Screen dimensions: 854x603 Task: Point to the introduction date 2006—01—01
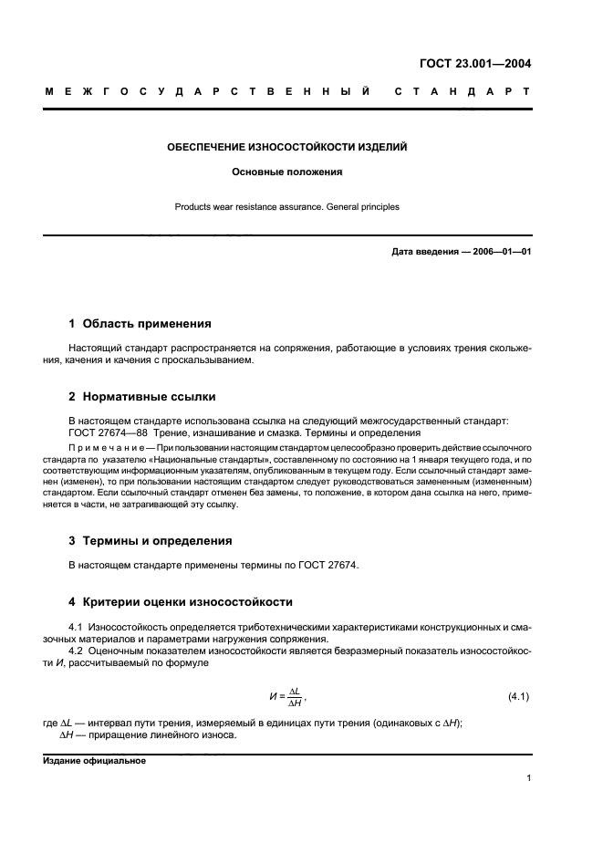coord(501,252)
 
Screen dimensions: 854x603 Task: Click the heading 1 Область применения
coord(140,324)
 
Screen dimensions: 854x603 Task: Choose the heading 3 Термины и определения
coord(151,540)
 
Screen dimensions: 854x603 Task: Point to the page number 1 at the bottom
coord(528,778)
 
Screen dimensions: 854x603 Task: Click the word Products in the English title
coord(193,207)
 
